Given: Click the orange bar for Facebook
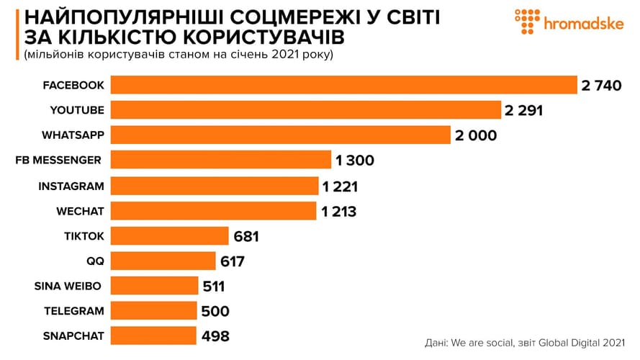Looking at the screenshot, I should coord(344,85).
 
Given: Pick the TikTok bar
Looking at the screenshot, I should coord(170,235).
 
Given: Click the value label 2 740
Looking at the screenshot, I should coord(601,86).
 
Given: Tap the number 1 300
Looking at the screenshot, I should coord(355,161).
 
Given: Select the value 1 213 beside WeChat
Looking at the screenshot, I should coord(339,211).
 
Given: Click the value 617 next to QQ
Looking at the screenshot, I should coord(233,261).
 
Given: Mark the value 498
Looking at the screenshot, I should coord(215,336).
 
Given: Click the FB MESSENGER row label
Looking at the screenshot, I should coord(58,161).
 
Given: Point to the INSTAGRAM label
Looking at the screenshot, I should coord(71,186).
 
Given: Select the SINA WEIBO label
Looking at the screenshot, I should coord(68,286).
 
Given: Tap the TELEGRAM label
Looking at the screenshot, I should coord(73,311).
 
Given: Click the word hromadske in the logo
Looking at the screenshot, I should coord(584,24).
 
